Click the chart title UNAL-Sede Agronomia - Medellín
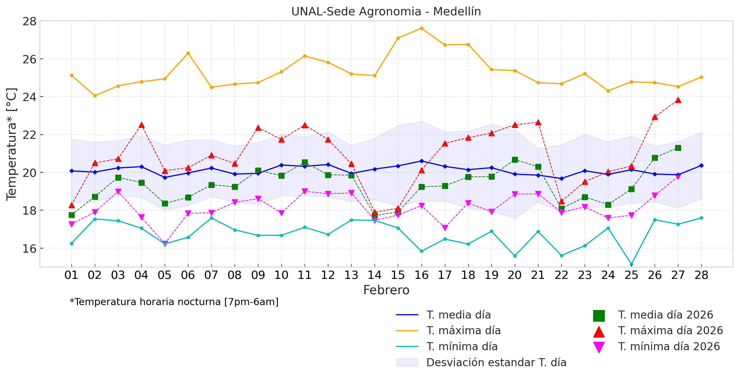[386, 12]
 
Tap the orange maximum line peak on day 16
[422, 28]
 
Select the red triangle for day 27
[678, 100]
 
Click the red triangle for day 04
[141, 125]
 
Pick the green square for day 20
[515, 160]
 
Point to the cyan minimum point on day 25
[631, 264]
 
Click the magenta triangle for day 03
[118, 192]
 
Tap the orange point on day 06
[188, 53]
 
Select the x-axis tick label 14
[375, 275]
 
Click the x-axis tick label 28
[701, 275]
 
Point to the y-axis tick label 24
[29, 97]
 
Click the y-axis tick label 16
[29, 249]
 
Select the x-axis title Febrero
[386, 290]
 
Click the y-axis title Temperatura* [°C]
[11, 144]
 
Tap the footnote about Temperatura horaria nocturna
[174, 302]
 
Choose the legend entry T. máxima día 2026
[670, 331]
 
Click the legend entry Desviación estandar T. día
[496, 363]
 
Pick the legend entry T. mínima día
[462, 347]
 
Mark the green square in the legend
[599, 315]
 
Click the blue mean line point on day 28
[701, 166]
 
